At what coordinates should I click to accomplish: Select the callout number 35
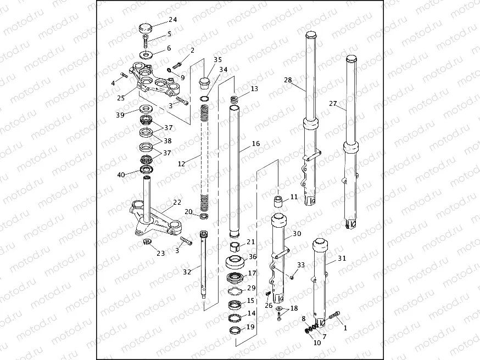click(x=218, y=59)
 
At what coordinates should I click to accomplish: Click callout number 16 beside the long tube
click(x=256, y=144)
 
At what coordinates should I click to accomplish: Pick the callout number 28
click(x=288, y=80)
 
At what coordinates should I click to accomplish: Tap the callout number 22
click(x=177, y=203)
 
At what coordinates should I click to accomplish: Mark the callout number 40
click(x=121, y=175)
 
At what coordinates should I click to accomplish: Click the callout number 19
click(x=250, y=327)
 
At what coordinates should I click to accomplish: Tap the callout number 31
click(x=342, y=258)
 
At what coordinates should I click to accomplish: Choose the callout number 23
click(x=160, y=253)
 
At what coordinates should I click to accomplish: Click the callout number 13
click(x=254, y=89)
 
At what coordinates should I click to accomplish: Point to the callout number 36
click(x=252, y=256)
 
